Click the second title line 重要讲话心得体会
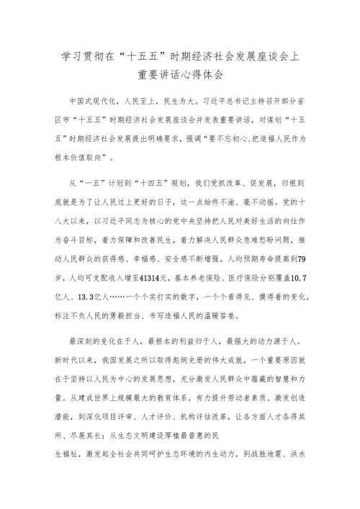coord(181,73)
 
